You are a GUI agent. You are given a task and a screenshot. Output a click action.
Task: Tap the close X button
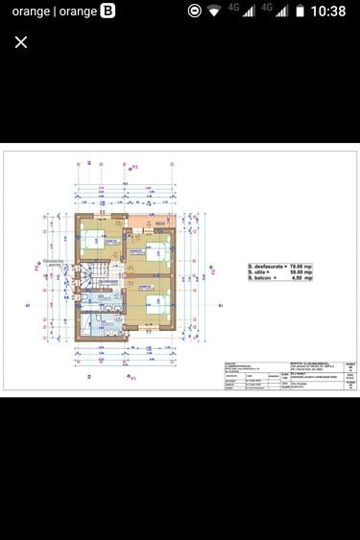[21, 42]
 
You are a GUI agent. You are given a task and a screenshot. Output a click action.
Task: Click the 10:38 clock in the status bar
[328, 12]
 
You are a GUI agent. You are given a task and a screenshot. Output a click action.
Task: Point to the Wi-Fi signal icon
[213, 12]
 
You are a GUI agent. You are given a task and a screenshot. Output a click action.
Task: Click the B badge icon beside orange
[107, 12]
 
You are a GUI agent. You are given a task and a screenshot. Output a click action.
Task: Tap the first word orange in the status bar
[31, 12]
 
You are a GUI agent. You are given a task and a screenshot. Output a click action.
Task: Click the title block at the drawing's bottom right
[288, 375]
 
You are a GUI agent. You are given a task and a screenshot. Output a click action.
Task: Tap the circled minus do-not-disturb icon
[195, 12]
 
